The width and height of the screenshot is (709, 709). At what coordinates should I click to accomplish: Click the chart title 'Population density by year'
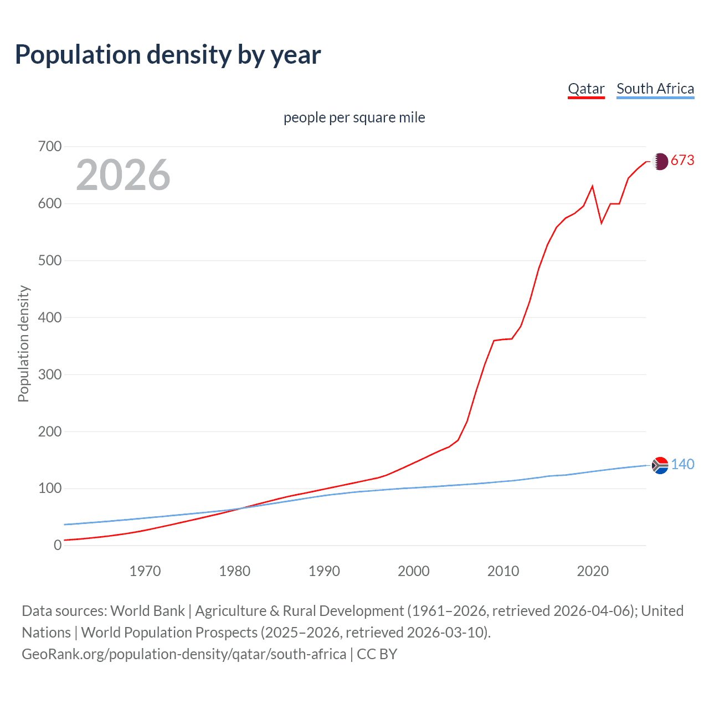pos(168,55)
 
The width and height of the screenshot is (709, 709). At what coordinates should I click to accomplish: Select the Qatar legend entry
pos(586,89)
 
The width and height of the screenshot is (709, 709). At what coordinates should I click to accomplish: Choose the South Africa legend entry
pos(655,89)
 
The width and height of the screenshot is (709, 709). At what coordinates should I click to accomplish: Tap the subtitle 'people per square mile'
pos(354,117)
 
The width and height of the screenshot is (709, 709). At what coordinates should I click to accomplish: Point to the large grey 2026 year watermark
pos(123,175)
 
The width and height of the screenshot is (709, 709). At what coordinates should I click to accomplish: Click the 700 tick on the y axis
pos(50,147)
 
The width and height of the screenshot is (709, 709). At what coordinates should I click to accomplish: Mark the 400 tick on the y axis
pos(50,317)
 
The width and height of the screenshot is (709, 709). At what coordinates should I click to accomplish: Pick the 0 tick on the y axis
pos(58,545)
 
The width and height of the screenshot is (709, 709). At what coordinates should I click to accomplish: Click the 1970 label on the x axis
pos(145,571)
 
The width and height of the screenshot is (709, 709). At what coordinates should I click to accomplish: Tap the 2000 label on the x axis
pos(414,571)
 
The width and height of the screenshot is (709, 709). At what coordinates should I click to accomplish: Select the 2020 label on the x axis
pos(593,571)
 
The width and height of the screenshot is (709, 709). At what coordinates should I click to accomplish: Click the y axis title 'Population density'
pos(23,343)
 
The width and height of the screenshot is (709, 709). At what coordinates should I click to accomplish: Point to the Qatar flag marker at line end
pos(660,161)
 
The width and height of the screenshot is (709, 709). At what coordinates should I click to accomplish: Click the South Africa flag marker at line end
pos(660,465)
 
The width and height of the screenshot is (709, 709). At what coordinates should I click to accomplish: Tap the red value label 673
pos(682,161)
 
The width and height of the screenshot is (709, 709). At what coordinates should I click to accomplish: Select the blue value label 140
pos(682,464)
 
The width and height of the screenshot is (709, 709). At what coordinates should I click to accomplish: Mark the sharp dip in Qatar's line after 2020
pos(602,223)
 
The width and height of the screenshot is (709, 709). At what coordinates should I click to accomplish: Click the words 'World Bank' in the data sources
pos(147,610)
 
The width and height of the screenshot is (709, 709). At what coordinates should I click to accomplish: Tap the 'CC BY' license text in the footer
pos(377,654)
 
